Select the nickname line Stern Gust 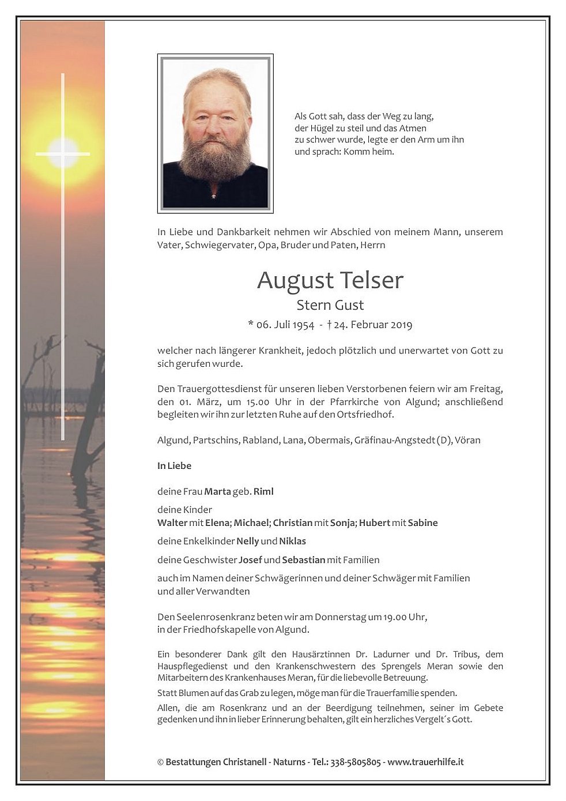(330, 305)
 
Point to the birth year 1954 (303, 325)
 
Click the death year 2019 (401, 325)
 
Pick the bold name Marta (217, 492)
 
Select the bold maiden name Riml (263, 492)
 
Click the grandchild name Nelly (247, 541)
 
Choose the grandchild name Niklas (292, 541)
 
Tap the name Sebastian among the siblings (304, 560)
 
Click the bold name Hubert (375, 523)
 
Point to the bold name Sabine (422, 523)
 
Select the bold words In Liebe (174, 466)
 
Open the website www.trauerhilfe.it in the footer (425, 762)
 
